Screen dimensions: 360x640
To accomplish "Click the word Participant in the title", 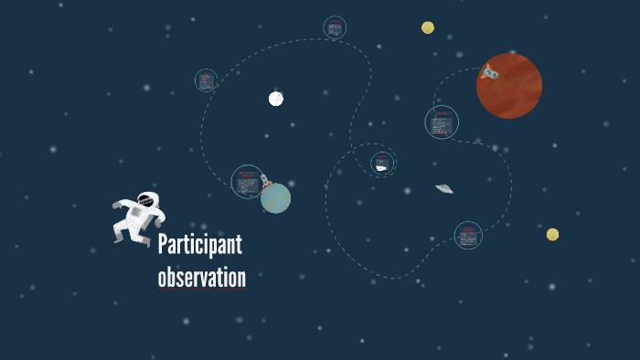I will tap(199, 246).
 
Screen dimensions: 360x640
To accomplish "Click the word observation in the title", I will tap(201, 277).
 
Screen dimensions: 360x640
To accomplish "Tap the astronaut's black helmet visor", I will tap(146, 199).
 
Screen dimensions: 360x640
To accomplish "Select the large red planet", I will tap(510, 87).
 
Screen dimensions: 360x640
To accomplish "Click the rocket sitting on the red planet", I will tap(490, 71).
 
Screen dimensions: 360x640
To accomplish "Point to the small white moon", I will tap(275, 99).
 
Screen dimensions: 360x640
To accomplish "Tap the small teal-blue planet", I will tap(275, 197).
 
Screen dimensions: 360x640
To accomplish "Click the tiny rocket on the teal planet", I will tap(265, 181).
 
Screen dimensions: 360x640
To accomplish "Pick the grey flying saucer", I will tap(444, 188).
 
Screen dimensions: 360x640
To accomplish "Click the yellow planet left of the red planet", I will tap(428, 27).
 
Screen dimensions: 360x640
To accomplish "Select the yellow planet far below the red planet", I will tap(552, 235).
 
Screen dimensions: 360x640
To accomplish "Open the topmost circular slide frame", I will tap(335, 28).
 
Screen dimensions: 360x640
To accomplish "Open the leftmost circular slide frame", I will tap(206, 80).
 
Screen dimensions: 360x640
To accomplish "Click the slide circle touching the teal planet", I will tap(247, 181).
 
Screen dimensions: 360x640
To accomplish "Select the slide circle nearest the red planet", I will tap(442, 122).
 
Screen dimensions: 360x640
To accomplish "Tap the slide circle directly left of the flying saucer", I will tap(382, 164).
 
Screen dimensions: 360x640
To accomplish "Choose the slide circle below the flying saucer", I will tap(468, 236).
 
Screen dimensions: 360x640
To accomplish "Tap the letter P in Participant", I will tap(163, 246).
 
